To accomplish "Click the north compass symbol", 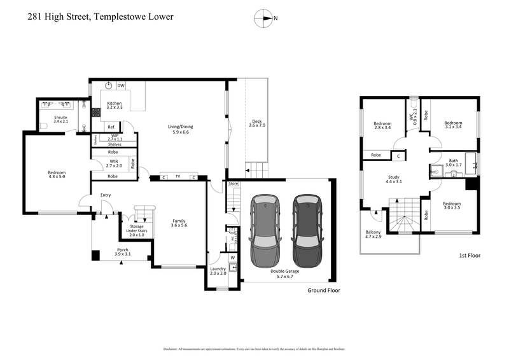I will pos(263,18).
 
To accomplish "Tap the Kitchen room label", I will pos(114,106).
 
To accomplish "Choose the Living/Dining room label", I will pos(180,129).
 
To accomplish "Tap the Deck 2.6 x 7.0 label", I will pos(256,123).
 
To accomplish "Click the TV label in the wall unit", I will pos(178,177).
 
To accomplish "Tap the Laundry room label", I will pos(218,272).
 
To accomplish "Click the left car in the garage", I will pos(265,231).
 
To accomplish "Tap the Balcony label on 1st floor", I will pos(373,235).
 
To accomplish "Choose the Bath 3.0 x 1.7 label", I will pos(452,163).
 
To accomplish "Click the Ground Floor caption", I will pos(323,290).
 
